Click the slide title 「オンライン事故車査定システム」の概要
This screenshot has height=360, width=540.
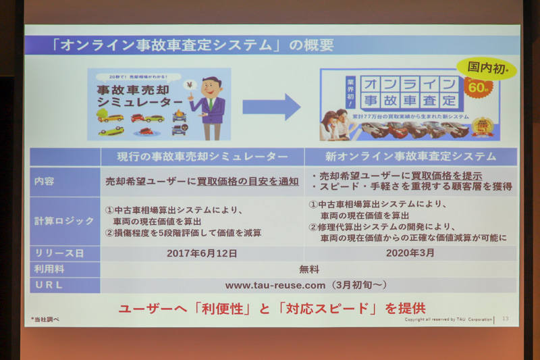(192, 46)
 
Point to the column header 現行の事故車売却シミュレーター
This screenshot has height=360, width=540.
(202, 157)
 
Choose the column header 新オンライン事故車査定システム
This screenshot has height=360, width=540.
(410, 157)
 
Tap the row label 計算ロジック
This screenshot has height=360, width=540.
(65, 221)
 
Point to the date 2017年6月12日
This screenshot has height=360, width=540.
(201, 253)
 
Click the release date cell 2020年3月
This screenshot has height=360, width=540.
(410, 253)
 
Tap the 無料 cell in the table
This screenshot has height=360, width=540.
(308, 269)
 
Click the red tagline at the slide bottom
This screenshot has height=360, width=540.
(272, 308)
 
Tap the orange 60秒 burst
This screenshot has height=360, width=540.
(479, 86)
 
